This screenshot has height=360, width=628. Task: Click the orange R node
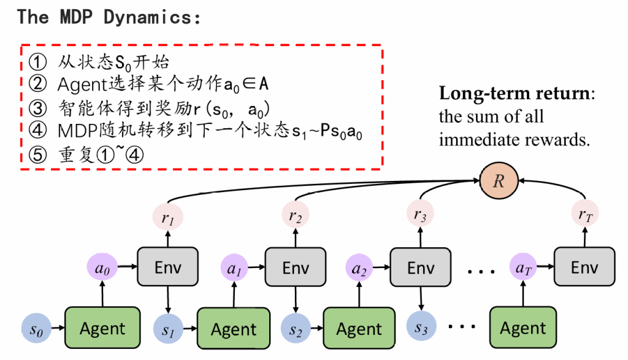[x=499, y=180]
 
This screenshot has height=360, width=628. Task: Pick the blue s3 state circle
[x=421, y=328]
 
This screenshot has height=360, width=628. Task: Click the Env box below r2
[x=296, y=267]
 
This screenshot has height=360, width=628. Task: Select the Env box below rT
[x=584, y=267]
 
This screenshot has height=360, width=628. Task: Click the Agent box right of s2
[x=359, y=329]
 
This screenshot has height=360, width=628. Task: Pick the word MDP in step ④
[x=73, y=131]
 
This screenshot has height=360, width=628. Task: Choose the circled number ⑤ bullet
[x=38, y=155]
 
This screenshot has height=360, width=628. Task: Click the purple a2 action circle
[x=360, y=267]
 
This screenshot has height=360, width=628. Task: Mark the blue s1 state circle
[x=168, y=329]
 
